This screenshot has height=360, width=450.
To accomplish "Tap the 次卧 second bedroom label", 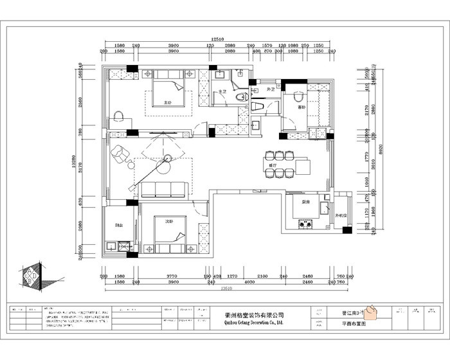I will coord(170,221).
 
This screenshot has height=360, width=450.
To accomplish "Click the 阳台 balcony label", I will coord(120,226).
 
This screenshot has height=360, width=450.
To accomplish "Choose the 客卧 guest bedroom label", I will coord(301,107).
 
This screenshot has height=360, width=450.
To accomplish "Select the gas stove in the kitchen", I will coord(305,225).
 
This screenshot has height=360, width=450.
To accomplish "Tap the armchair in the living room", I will coord(120,154).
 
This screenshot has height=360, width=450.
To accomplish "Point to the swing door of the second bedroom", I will coord(201,208).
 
